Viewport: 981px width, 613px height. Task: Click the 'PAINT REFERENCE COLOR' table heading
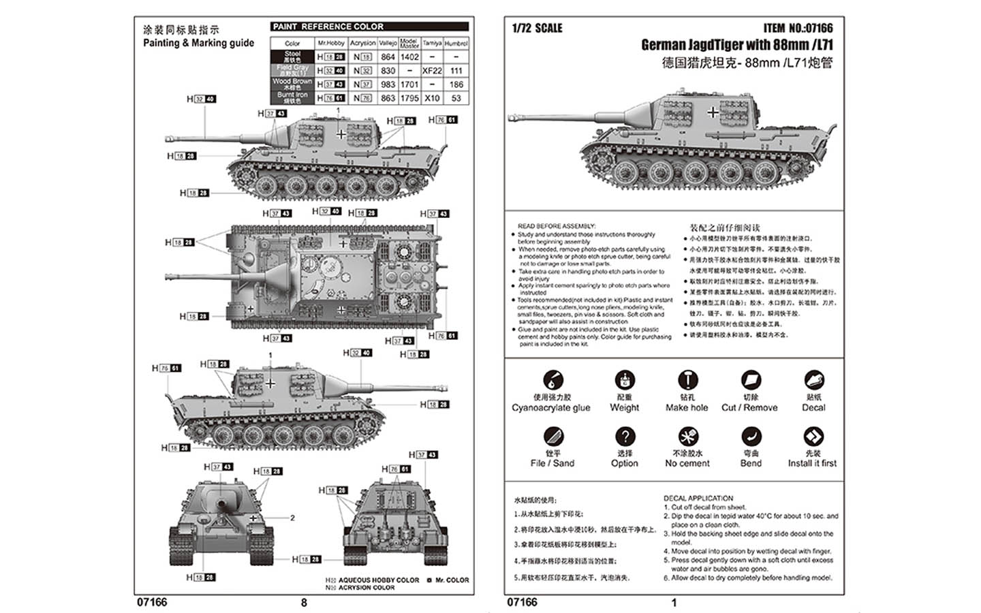pyautogui.click(x=328, y=27)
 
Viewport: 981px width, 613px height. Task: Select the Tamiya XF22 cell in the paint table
pyautogui.click(x=432, y=71)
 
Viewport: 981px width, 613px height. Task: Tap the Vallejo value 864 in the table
pyautogui.click(x=388, y=57)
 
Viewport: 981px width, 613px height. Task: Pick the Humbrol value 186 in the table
pyautogui.click(x=456, y=84)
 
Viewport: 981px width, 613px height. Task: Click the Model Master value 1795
pyautogui.click(x=409, y=98)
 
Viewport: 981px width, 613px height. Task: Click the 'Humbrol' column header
pyautogui.click(x=456, y=43)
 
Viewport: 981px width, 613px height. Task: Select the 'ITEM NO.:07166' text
pyautogui.click(x=798, y=28)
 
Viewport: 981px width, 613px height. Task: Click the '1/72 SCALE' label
pyautogui.click(x=537, y=28)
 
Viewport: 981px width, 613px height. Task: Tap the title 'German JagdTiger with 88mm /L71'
pyautogui.click(x=736, y=45)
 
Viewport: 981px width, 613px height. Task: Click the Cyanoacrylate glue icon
pyautogui.click(x=552, y=380)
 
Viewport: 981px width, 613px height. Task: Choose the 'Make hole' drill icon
pyautogui.click(x=687, y=380)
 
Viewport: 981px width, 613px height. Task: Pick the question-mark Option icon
pyautogui.click(x=625, y=436)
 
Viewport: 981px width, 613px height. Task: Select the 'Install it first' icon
pyautogui.click(x=813, y=436)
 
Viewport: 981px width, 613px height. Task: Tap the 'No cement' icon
pyautogui.click(x=687, y=436)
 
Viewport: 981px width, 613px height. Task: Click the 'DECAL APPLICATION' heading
pyautogui.click(x=698, y=499)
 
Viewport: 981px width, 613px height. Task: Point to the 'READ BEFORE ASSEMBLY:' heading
pyautogui.click(x=557, y=226)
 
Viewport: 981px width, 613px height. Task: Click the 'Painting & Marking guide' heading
pyautogui.click(x=198, y=43)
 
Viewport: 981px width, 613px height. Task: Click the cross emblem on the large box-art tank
pyautogui.click(x=713, y=112)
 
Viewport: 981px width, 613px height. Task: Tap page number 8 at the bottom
pyautogui.click(x=304, y=602)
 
